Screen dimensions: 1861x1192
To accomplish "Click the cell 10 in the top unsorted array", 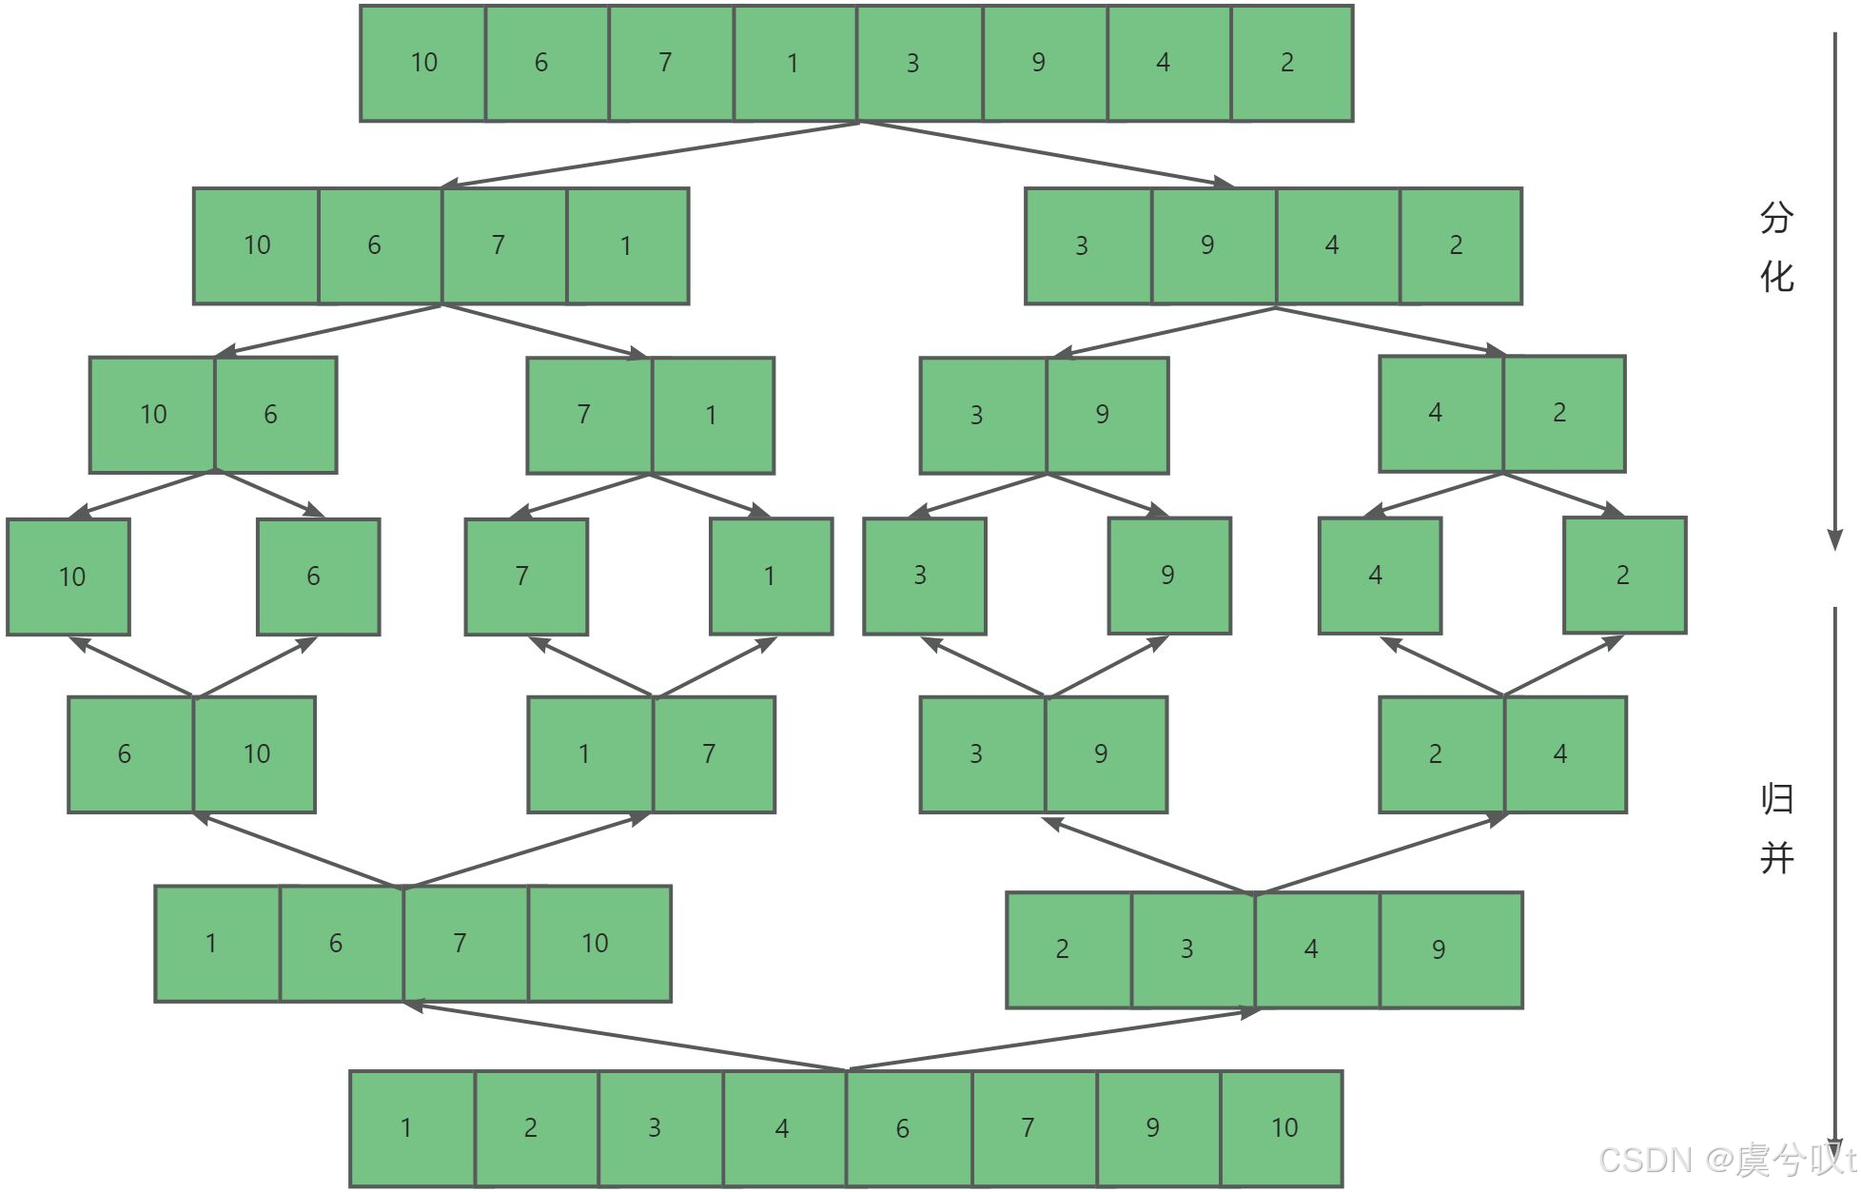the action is point(423,63).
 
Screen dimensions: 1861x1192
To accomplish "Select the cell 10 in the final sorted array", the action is point(1283,1128).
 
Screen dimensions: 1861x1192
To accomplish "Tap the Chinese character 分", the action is point(1776,218).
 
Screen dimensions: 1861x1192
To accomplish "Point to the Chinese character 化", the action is point(1776,277).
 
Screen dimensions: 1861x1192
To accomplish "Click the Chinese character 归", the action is point(1776,799).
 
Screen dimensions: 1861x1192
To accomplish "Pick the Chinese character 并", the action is point(1776,858).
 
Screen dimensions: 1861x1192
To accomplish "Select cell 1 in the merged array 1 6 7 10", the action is point(217,944).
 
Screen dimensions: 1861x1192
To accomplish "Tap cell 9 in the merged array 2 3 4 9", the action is point(1450,949).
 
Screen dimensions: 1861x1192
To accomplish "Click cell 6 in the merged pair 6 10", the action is point(130,754).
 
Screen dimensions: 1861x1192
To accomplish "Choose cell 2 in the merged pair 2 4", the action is point(1441,754).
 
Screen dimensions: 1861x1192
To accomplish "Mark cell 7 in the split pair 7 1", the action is point(589,415).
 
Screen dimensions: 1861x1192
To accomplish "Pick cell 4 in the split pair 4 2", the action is point(1440,413).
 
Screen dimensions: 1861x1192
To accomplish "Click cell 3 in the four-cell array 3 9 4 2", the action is point(1087,245).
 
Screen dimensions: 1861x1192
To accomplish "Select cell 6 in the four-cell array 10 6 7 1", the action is point(380,245).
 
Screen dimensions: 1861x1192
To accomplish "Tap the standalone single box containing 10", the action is point(69,576).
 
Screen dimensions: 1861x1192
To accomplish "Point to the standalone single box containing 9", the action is point(1169,576).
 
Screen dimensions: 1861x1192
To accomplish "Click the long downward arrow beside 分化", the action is point(1835,285).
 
